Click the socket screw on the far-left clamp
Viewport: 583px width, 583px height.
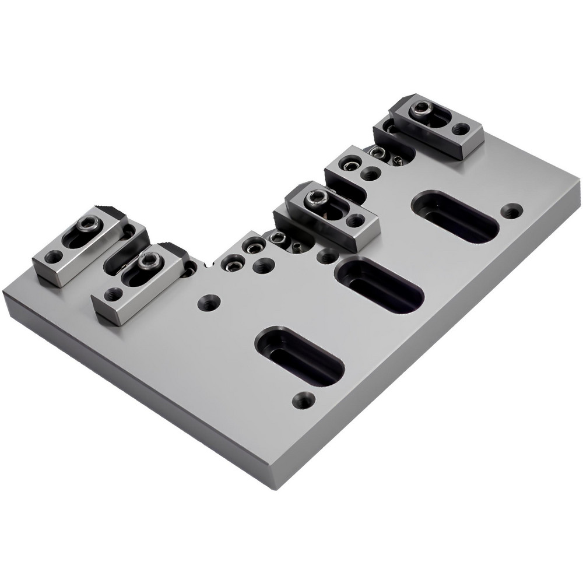coord(89,223)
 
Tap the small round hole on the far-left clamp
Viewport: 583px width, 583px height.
coord(54,256)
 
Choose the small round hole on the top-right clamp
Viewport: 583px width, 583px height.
coord(461,128)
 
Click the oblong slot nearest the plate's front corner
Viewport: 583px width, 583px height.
coord(300,356)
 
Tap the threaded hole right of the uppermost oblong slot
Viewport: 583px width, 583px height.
coord(511,211)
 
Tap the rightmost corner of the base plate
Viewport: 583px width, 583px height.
coord(580,182)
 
